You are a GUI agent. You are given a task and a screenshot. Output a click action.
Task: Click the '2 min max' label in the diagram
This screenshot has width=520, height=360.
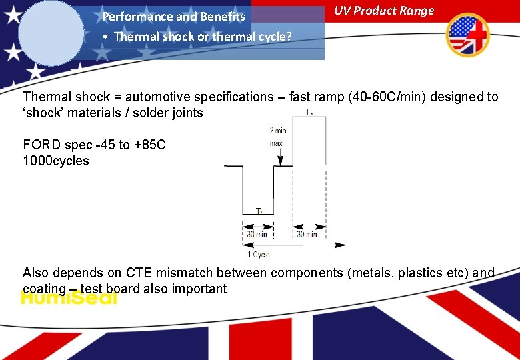277,137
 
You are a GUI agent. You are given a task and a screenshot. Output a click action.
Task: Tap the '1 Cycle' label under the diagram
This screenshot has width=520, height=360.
259,255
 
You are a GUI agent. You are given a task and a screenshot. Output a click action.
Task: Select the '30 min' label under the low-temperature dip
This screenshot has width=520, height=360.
257,234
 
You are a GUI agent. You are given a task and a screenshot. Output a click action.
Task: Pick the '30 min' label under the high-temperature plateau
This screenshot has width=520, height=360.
307,234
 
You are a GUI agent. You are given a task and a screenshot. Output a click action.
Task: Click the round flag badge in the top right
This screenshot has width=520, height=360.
467,35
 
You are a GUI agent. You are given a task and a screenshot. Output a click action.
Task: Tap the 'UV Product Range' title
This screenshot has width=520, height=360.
383,11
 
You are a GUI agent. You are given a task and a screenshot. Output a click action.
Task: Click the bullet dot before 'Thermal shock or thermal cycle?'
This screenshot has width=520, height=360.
106,37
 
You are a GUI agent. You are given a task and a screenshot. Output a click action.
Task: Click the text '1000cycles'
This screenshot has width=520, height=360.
55,161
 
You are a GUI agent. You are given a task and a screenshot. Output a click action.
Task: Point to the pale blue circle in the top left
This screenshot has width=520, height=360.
51,31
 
